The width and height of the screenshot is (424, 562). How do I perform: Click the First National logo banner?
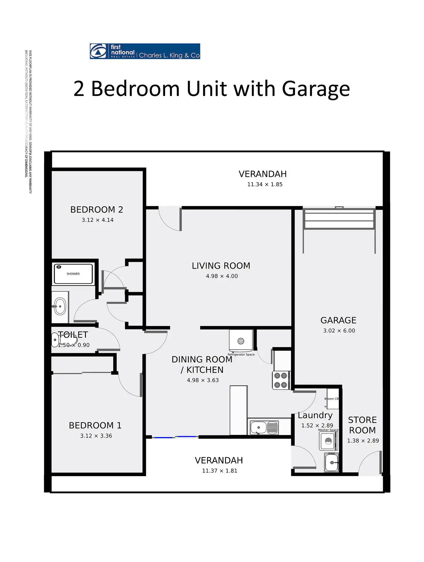pos(145,51)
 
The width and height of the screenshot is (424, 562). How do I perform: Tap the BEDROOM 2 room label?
pos(97,210)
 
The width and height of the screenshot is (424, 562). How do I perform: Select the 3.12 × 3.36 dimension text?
pos(96,436)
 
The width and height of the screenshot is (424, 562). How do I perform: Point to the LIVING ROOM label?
pos(221,266)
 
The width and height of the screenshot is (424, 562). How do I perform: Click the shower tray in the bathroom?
pos(73,274)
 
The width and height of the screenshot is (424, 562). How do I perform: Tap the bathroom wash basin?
pos(60,306)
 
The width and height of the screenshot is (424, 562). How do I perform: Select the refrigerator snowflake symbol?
pos(241,341)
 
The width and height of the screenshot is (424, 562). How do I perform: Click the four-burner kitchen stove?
pos(281,380)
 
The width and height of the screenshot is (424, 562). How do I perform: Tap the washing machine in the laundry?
pos(328,441)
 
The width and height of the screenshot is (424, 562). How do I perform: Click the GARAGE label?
pos(338,320)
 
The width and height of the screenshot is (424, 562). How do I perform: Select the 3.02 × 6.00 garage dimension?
pos(339,331)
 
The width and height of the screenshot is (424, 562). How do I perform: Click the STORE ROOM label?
pos(362,425)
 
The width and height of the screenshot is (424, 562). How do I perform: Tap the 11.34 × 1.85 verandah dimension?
pos(265,184)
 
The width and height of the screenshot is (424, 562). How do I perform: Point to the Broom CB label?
pos(332,399)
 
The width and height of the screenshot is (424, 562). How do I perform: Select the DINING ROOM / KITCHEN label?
pos(202,365)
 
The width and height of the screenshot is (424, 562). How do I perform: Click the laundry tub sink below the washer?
pos(332,463)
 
